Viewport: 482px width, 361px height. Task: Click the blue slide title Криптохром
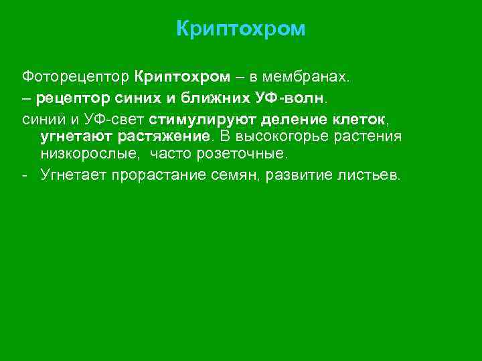coord(241,29)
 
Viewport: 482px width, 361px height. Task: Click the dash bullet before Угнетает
coord(24,176)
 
